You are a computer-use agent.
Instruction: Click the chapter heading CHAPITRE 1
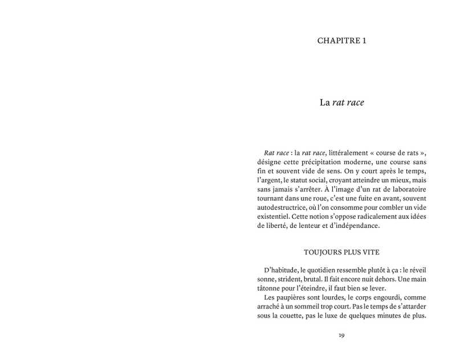[x=341, y=40]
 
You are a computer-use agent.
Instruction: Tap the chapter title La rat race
[x=341, y=103]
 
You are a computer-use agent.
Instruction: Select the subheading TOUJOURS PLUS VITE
[x=341, y=252]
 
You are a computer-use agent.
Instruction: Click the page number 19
[x=341, y=335]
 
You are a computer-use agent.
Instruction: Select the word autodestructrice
[x=287, y=207]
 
